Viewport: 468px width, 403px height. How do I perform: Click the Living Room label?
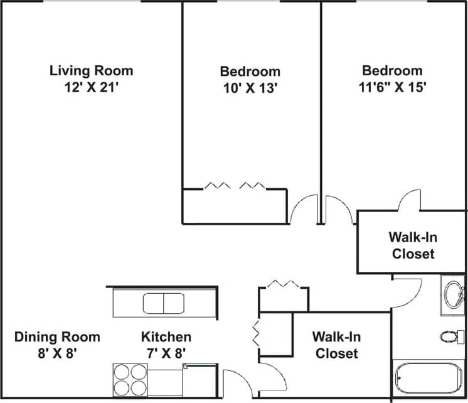tap(92, 70)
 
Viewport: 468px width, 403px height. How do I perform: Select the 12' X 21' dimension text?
tap(92, 87)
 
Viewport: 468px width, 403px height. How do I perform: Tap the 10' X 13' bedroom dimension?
tap(250, 88)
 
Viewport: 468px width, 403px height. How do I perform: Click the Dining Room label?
tap(57, 337)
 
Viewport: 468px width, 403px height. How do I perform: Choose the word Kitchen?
tap(166, 337)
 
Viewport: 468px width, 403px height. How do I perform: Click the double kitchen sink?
tap(163, 304)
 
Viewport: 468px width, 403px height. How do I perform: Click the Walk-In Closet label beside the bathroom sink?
tap(413, 245)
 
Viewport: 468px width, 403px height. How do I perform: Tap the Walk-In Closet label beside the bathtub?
tap(336, 345)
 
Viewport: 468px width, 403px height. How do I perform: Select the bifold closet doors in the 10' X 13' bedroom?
tap(235, 186)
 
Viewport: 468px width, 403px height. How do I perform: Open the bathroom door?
tap(408, 290)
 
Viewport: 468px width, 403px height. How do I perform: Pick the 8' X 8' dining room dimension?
tap(57, 353)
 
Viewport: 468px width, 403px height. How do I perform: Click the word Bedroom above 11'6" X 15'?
tap(392, 70)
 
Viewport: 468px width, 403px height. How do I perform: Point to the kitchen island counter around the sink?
tap(125, 304)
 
